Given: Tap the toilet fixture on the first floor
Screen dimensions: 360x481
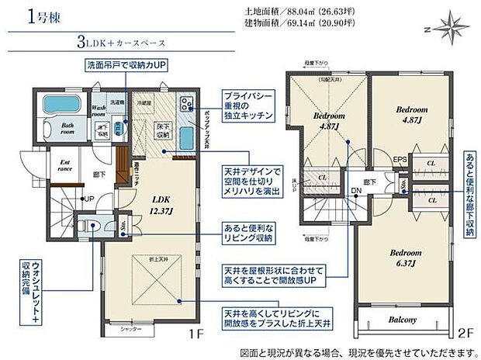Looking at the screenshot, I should (x=92, y=228).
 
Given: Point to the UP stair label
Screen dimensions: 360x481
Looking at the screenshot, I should (x=89, y=199).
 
